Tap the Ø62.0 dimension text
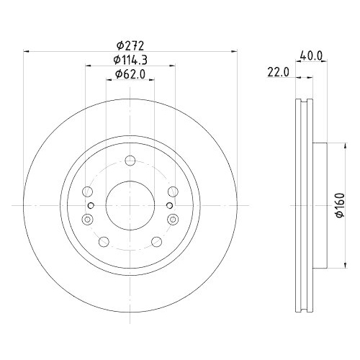pos(130,73)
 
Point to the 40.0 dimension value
pos(311,53)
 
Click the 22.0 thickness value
pos(278,72)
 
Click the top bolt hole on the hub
pos(130,161)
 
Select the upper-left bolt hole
pos(88,192)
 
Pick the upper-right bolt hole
pos(172,192)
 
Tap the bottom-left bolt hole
pos(104,241)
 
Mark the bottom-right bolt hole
pos(156,241)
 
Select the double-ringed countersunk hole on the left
pos(88,220)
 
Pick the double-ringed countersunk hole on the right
pos(172,220)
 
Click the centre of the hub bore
pos(130,205)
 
